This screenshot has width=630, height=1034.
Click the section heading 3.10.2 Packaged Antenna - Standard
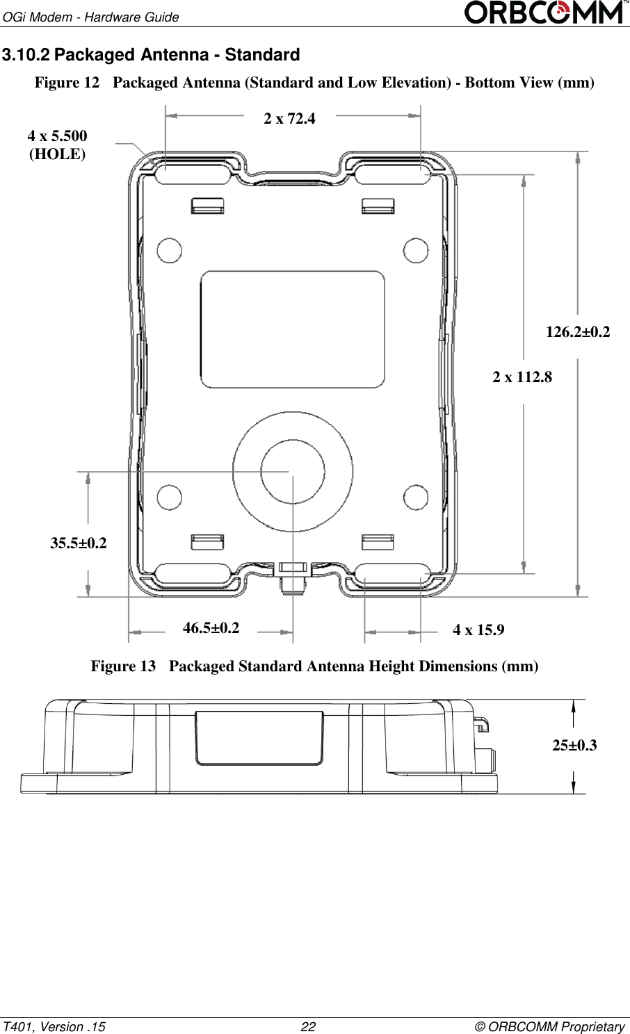coord(151,55)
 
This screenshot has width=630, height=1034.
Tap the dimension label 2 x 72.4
coord(289,119)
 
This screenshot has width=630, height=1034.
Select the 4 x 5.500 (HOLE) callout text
coord(57,145)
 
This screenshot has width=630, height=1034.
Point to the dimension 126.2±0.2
coord(577,332)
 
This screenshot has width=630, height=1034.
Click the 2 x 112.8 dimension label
coord(522,377)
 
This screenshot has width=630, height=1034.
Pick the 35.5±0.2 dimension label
coord(79,543)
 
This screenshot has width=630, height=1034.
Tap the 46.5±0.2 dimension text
coord(211,628)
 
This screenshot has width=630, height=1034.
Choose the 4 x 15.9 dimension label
coord(478,630)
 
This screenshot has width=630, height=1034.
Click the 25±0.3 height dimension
coord(574,746)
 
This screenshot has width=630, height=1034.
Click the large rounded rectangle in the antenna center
coord(293,329)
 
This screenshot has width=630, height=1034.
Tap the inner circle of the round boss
coord(293,471)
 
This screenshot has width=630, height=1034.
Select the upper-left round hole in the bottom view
coord(170,250)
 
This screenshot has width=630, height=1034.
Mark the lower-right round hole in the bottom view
coord(416,498)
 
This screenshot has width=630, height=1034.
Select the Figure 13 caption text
coord(314,666)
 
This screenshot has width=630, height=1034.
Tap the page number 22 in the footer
coord(307,1027)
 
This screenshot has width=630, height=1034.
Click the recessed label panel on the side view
coord(259,738)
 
